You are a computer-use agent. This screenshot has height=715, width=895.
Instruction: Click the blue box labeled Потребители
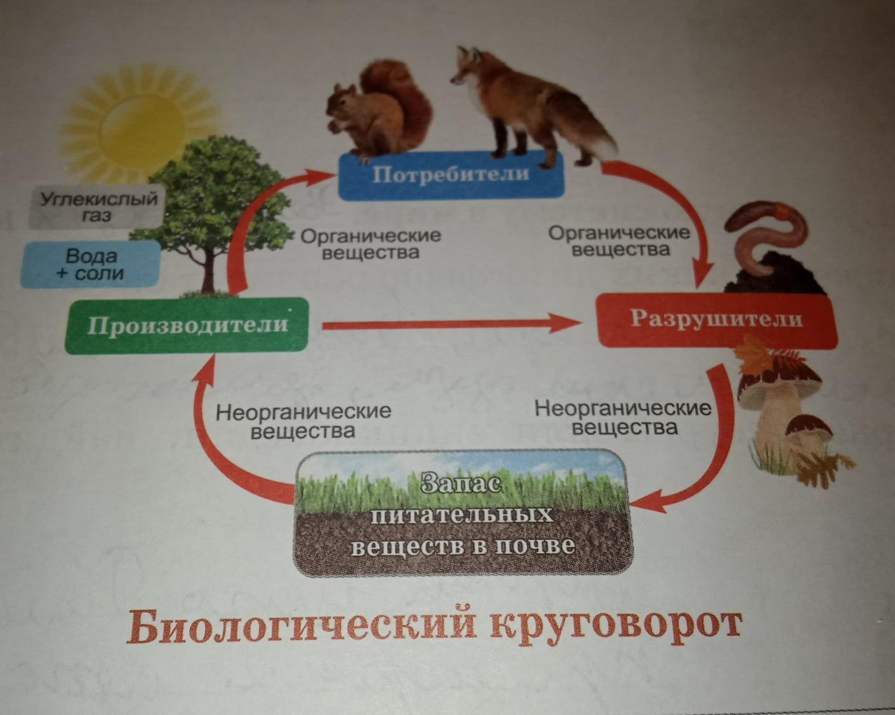point(450,175)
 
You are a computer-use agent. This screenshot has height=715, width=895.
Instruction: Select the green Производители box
point(187,325)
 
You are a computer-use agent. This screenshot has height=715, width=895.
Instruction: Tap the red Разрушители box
point(715,319)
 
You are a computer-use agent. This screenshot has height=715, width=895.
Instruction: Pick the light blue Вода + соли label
point(91,265)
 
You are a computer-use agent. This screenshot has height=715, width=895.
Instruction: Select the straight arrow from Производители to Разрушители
point(451,325)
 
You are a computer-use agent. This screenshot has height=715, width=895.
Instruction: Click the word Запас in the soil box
point(461,485)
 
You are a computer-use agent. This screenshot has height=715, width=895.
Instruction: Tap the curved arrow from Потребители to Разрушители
point(679,203)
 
